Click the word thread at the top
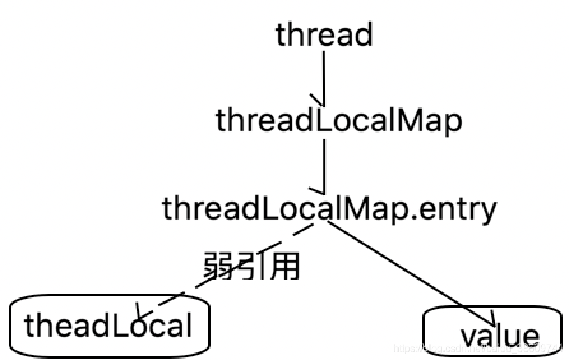(323, 34)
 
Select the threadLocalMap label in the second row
(338, 121)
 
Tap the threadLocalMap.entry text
(329, 208)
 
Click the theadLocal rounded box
(110, 326)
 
